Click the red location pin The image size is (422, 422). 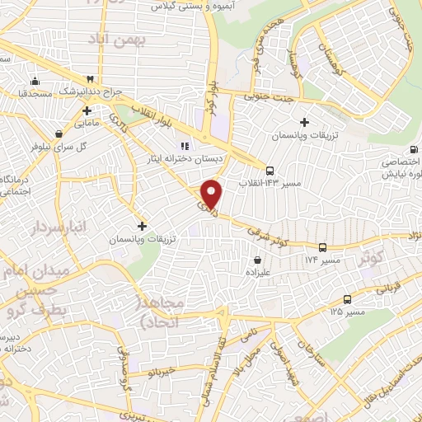coord(213,193)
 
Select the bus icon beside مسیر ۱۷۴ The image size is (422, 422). coord(322,246)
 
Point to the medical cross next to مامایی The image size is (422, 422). coord(87,110)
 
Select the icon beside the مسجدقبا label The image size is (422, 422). coord(35,82)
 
